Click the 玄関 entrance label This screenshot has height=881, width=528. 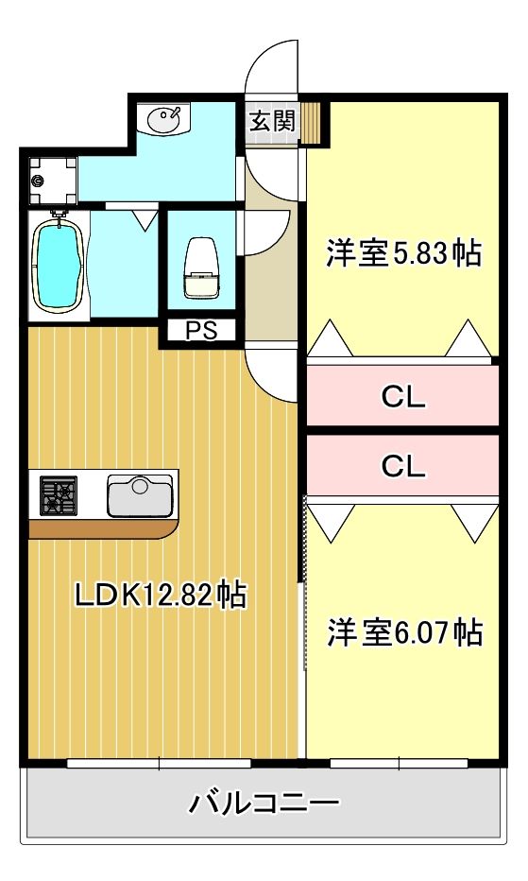[x=272, y=121]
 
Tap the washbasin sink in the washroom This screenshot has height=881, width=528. [x=165, y=119]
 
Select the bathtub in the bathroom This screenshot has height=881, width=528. [x=59, y=262]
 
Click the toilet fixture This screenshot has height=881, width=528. [x=202, y=268]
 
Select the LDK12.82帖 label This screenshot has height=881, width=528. [x=160, y=595]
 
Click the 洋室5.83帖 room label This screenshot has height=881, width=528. [x=403, y=252]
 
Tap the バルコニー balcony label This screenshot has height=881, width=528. [x=264, y=804]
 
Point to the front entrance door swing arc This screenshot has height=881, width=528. [x=271, y=66]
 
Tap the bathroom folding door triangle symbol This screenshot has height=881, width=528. [x=144, y=220]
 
